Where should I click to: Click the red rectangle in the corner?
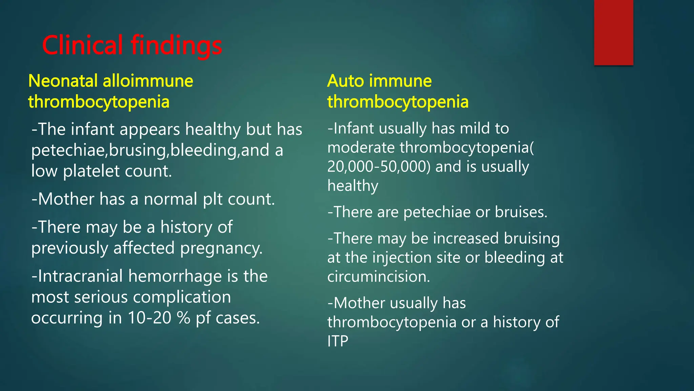(613, 32)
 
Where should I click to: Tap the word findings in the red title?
(176, 46)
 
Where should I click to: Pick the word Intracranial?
(80, 276)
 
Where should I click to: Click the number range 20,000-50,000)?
(379, 167)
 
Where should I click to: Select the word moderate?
(361, 148)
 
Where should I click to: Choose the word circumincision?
(379, 277)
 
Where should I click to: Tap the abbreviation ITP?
(338, 341)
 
